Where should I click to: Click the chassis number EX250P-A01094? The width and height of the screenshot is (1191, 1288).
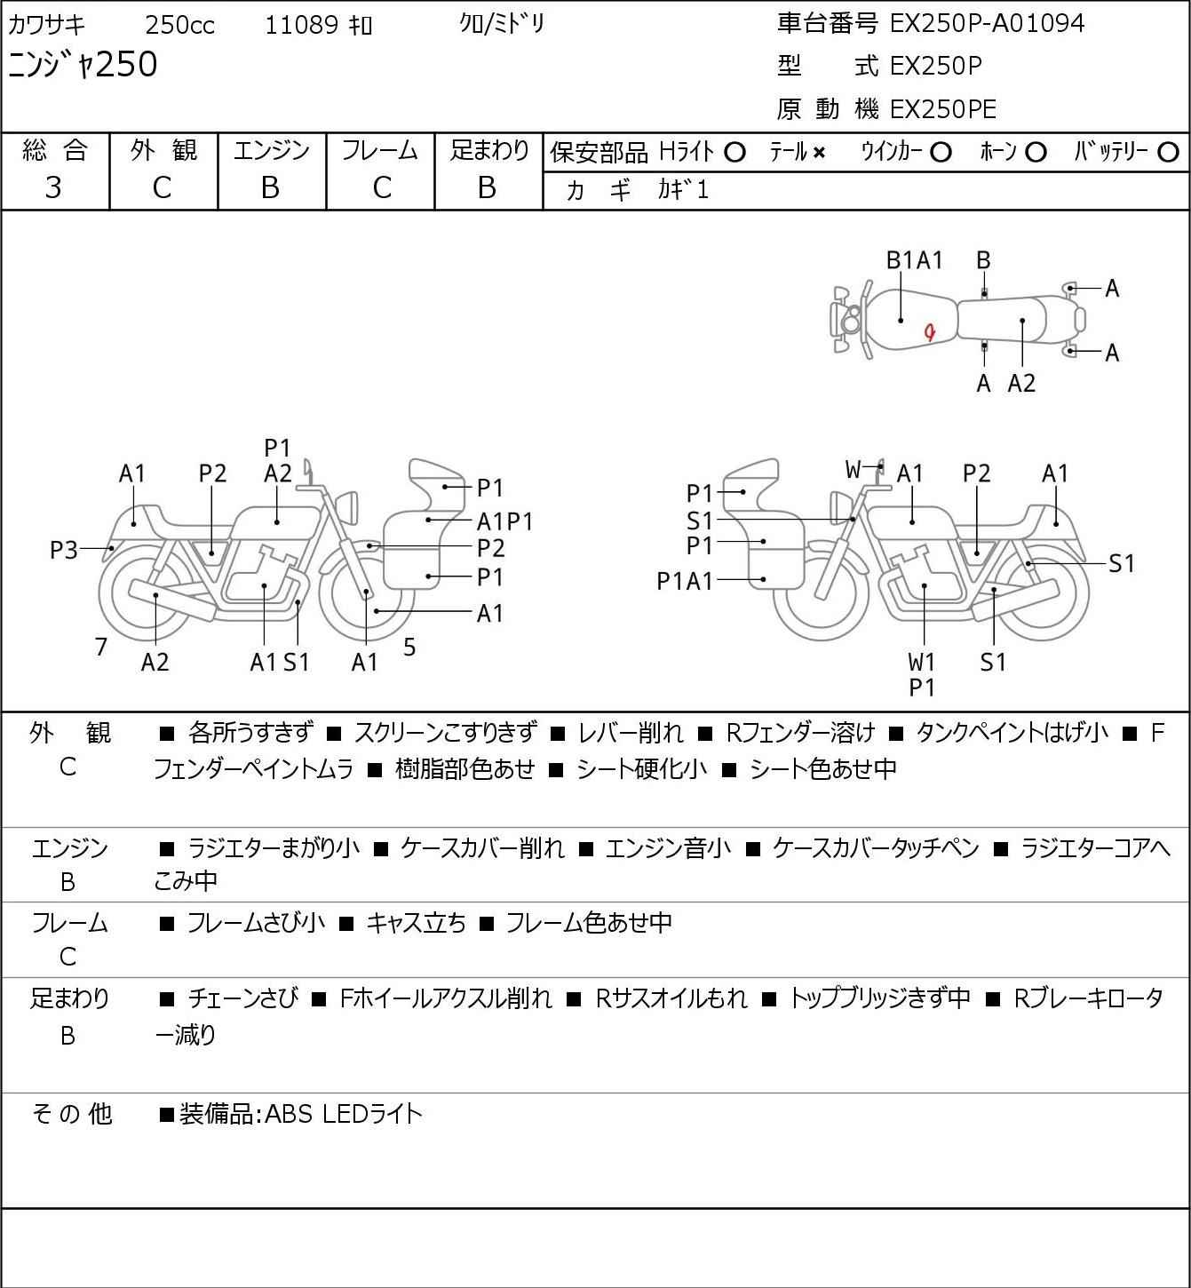(987, 23)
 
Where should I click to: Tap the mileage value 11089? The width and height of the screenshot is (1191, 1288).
(301, 26)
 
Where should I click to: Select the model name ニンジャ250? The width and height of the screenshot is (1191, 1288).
(83, 64)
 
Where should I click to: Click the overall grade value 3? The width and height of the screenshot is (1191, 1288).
(53, 187)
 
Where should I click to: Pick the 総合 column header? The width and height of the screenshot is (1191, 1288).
(54, 151)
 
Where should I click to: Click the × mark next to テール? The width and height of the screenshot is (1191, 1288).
(818, 153)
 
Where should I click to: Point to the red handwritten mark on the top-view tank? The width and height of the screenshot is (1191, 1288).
(930, 332)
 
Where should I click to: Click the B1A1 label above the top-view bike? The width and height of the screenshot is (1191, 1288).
(914, 260)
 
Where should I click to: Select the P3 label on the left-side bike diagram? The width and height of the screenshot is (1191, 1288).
(63, 551)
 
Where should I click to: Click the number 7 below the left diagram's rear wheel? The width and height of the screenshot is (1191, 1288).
(101, 647)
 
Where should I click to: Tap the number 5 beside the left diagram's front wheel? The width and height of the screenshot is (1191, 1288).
(409, 647)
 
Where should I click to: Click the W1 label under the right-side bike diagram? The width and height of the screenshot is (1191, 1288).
(922, 662)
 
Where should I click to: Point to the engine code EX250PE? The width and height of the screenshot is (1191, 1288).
(942, 109)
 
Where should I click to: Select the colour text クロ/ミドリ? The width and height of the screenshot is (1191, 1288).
(501, 24)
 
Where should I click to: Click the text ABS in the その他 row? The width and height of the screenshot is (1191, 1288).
(288, 1114)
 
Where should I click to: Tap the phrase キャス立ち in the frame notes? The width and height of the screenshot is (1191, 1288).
(416, 924)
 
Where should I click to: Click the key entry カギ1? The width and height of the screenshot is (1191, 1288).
(683, 190)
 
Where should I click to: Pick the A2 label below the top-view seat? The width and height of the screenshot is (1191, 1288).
(1021, 383)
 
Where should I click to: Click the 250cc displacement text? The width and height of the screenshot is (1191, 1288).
(179, 26)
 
